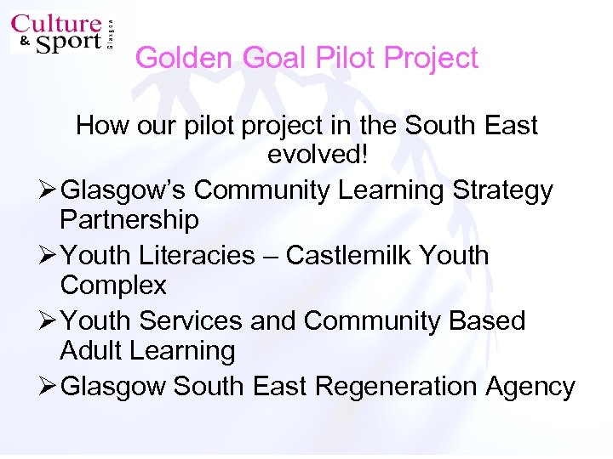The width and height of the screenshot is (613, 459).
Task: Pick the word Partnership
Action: (129, 220)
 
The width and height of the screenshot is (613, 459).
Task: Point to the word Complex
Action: (113, 285)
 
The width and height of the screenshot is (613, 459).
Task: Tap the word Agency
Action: (530, 388)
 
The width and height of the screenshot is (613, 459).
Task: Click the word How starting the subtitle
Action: (100, 126)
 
